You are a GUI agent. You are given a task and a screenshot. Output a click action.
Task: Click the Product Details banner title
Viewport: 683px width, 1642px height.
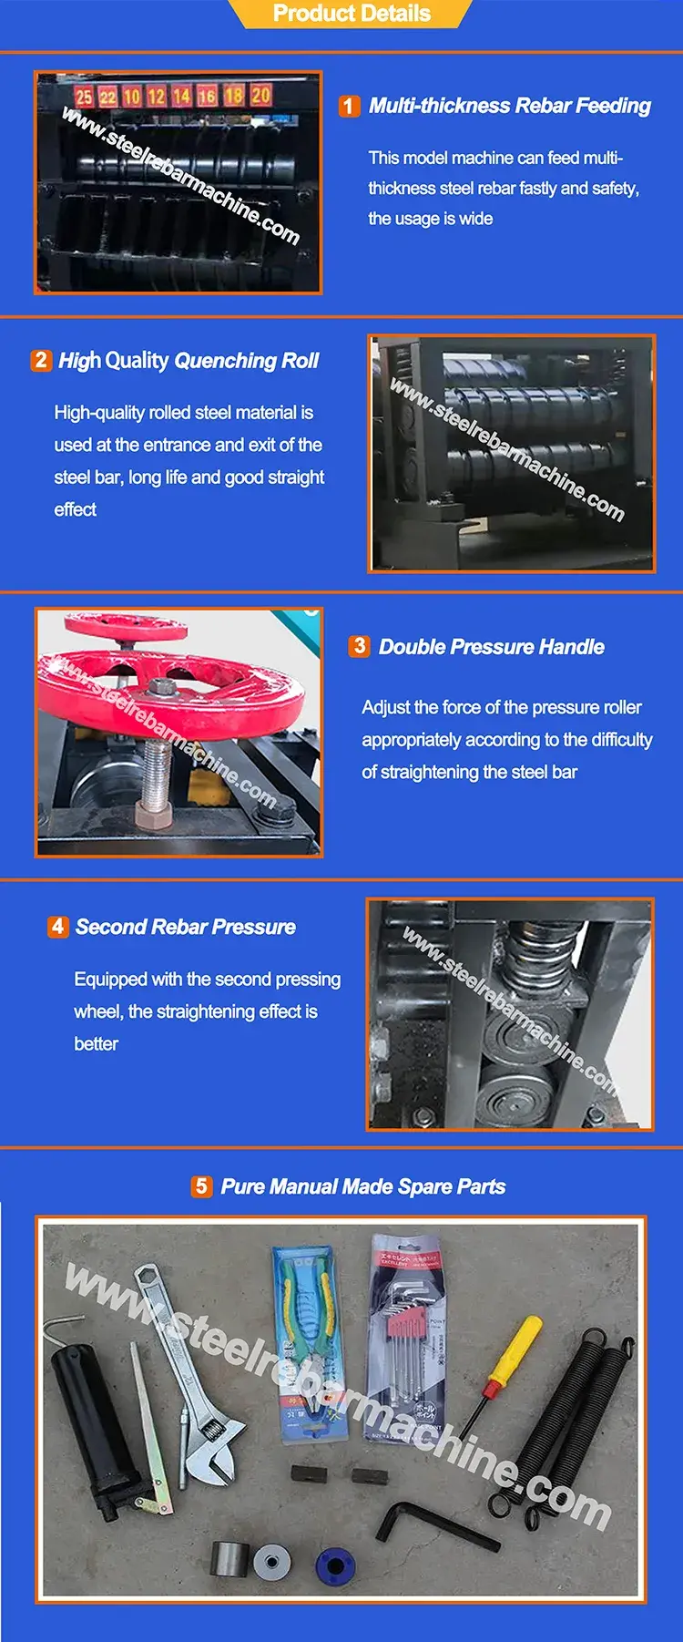[x=352, y=14]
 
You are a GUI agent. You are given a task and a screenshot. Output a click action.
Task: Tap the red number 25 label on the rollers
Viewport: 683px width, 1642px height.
[x=84, y=97]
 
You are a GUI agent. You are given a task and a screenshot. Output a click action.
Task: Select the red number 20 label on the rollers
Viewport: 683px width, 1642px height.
[x=261, y=95]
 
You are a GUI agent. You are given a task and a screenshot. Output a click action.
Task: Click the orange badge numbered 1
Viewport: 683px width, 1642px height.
[x=349, y=107]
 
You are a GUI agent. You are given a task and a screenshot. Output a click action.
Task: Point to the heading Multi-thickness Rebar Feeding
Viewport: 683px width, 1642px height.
[x=509, y=106]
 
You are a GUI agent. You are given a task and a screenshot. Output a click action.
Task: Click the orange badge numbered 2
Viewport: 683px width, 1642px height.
[x=41, y=360]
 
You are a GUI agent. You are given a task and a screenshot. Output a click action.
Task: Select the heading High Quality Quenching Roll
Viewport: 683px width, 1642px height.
[x=189, y=361]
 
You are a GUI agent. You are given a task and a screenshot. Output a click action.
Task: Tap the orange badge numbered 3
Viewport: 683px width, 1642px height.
[x=360, y=646]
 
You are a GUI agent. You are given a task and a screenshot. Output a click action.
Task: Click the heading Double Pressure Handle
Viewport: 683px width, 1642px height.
[x=491, y=647]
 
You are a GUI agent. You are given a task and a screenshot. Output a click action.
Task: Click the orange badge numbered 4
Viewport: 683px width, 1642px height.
[x=57, y=927]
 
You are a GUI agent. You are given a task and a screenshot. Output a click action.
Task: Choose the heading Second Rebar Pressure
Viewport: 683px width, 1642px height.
[x=186, y=928]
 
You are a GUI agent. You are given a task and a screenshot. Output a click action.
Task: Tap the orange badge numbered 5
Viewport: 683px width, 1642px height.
[x=202, y=1186]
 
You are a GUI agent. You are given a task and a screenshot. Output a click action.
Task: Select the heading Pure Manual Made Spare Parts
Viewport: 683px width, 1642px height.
[x=362, y=1187]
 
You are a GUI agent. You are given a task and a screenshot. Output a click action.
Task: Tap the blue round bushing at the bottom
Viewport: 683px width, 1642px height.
[x=334, y=1565]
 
